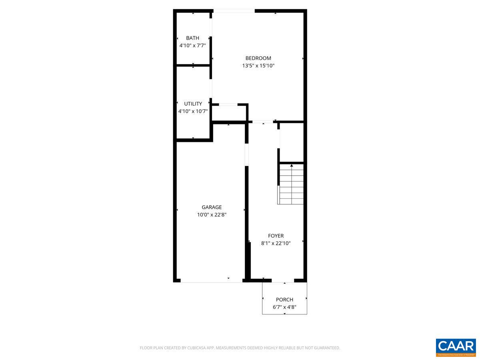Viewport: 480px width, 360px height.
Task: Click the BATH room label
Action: click(192, 38)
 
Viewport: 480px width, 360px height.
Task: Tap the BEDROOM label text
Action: click(258, 58)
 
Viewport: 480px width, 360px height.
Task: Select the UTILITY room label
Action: click(193, 104)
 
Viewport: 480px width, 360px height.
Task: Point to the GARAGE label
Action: click(212, 207)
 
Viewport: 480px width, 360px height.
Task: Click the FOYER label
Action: click(276, 236)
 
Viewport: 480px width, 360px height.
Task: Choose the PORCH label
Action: click(284, 300)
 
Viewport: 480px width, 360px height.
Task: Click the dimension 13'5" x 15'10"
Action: click(258, 66)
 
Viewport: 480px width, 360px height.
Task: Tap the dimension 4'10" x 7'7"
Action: click(192, 46)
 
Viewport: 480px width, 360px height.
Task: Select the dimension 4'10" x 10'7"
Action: click(193, 111)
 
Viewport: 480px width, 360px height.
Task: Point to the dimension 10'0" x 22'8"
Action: click(212, 215)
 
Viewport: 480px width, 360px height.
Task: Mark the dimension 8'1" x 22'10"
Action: click(276, 243)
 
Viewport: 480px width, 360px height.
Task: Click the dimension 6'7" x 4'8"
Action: click(284, 307)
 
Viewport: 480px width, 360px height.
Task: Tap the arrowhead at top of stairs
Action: click(292, 165)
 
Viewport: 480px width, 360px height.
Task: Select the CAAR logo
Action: click(456, 347)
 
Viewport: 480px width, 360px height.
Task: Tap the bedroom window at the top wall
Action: click(234, 11)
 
